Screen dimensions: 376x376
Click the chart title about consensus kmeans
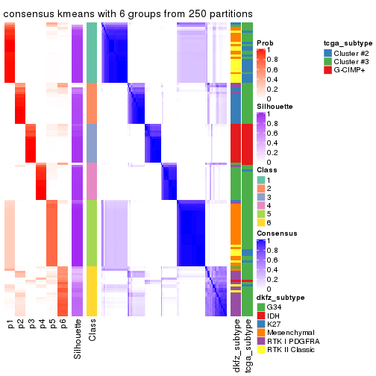128,14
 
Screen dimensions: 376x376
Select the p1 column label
10,325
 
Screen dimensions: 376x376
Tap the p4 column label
42,325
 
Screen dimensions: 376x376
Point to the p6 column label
63,325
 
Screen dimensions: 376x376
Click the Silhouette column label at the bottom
78,340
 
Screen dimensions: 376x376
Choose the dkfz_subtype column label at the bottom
236,345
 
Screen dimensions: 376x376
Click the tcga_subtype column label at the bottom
248,345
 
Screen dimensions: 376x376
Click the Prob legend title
265,43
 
